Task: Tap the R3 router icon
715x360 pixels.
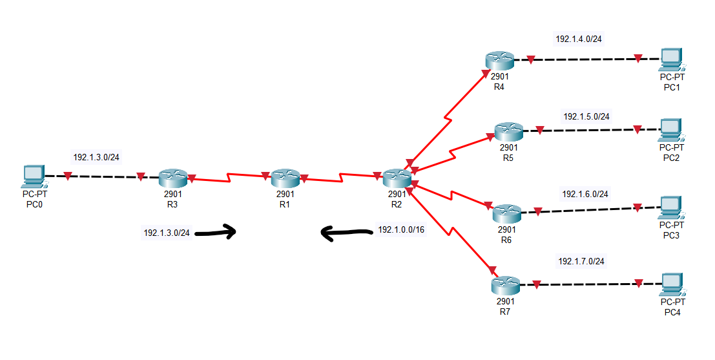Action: [x=172, y=177]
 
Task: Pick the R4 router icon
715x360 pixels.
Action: [x=499, y=61]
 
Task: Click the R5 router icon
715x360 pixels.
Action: [x=508, y=132]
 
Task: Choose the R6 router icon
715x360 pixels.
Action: [x=506, y=213]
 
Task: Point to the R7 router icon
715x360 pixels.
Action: [x=504, y=284]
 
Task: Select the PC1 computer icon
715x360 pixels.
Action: [x=672, y=59]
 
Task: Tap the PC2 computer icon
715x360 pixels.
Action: [x=671, y=129]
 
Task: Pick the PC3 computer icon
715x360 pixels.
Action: [x=672, y=207]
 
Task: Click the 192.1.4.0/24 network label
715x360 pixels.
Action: [x=579, y=39]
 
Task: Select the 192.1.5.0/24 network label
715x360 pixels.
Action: [x=586, y=116]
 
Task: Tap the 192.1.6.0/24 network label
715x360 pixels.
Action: [x=585, y=194]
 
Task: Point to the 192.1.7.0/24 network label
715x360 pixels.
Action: [x=581, y=261]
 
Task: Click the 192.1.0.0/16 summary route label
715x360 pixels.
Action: [x=401, y=229]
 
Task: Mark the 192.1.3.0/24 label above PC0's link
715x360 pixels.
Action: [x=96, y=156]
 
